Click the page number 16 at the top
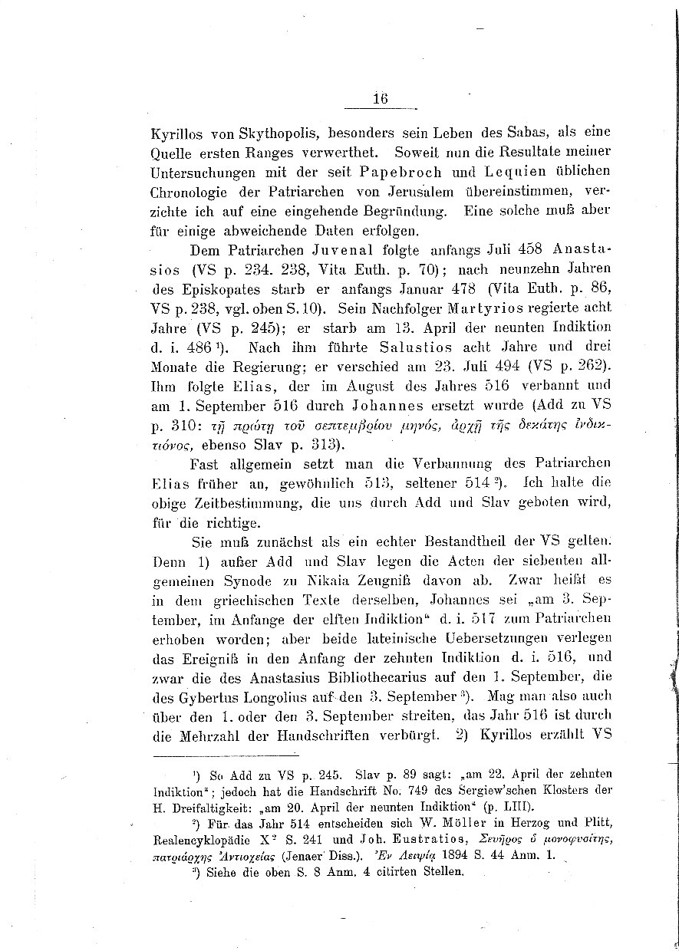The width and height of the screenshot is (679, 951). click(x=380, y=99)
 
